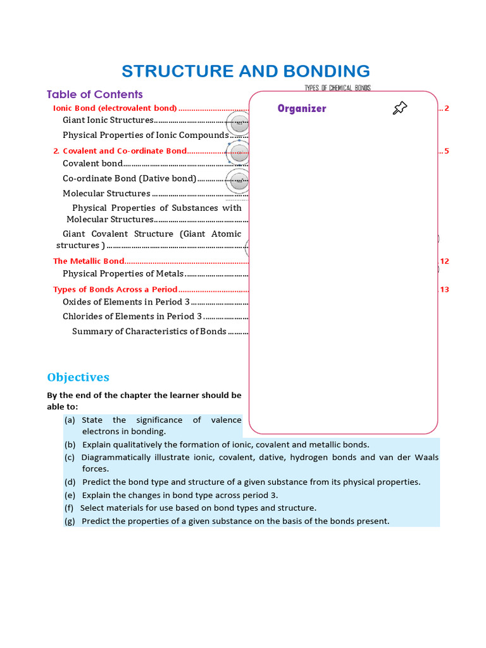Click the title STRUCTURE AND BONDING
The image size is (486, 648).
click(246, 71)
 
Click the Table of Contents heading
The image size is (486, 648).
click(95, 94)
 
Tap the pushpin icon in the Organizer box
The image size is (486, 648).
click(399, 108)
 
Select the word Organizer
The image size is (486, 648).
click(302, 109)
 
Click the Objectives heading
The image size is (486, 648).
click(78, 377)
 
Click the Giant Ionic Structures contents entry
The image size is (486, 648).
click(108, 120)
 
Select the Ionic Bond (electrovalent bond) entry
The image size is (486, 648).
click(115, 108)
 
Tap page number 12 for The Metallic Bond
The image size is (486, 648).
click(444, 261)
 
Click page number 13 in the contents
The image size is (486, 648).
click(444, 289)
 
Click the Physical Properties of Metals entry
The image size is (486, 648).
click(123, 274)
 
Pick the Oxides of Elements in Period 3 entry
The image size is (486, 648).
click(126, 302)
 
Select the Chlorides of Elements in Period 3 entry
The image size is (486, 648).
click(132, 316)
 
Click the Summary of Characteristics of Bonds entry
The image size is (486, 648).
click(149, 332)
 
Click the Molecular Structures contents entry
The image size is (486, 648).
click(106, 194)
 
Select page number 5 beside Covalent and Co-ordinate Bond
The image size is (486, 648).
click(446, 151)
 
